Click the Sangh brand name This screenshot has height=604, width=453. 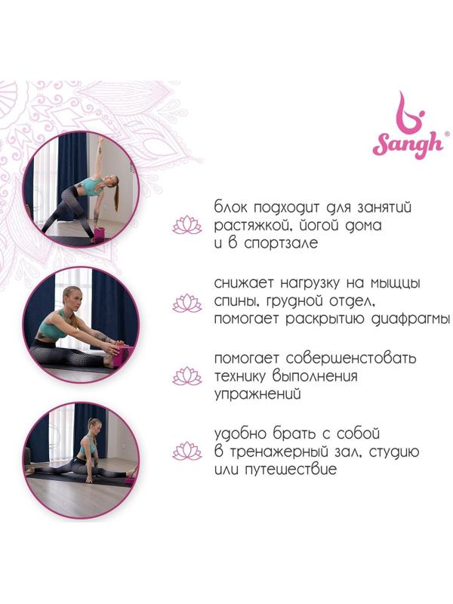point(407,145)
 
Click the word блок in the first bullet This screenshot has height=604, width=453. point(230,207)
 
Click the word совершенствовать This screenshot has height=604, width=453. point(351,358)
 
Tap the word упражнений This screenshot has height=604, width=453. point(257,394)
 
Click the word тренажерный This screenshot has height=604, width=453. point(294,451)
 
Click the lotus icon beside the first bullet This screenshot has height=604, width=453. point(187,225)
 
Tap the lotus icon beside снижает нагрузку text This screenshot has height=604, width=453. point(187,303)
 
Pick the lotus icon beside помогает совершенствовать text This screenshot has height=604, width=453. point(187,376)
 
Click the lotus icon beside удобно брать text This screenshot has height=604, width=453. point(187,451)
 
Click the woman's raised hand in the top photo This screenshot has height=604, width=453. point(101,140)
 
